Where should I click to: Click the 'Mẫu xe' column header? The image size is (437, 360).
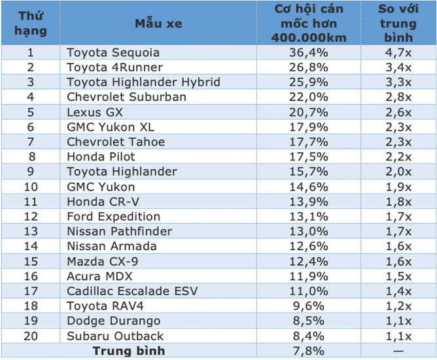[x=158, y=24]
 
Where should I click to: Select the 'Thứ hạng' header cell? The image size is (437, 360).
[x=31, y=24]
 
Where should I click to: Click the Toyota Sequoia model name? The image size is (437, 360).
[x=113, y=52]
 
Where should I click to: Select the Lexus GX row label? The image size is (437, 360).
[x=95, y=112]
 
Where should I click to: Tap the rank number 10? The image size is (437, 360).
[x=31, y=187]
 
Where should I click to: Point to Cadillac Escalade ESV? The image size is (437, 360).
[x=132, y=291]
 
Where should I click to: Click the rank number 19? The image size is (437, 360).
[x=31, y=321]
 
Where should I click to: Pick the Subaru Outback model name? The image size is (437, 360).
[x=115, y=336]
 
